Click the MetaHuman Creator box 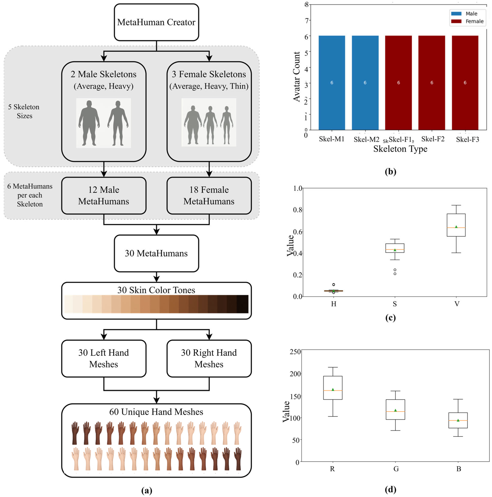click(156, 22)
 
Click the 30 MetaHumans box click(156, 253)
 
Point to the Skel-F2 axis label click(433, 139)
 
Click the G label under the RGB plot click(396, 469)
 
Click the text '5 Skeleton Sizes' click(24, 111)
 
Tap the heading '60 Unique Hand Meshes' click(156, 412)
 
